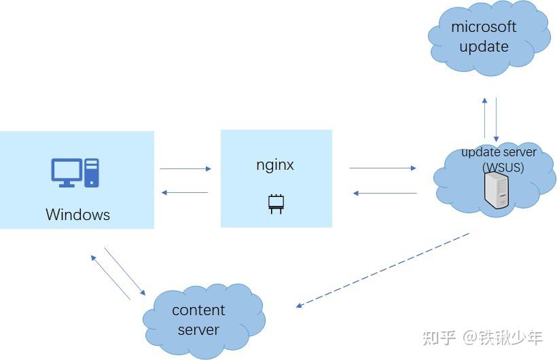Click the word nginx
pyautogui.click(x=275, y=164)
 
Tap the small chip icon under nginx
pyautogui.click(x=276, y=202)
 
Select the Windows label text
pyautogui.click(x=77, y=215)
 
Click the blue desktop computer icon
pyautogui.click(x=75, y=173)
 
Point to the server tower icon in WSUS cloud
pyautogui.click(x=497, y=191)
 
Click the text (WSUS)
pyautogui.click(x=503, y=166)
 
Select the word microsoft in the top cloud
pyautogui.click(x=484, y=27)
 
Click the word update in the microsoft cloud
pyautogui.click(x=484, y=47)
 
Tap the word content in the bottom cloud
pyautogui.click(x=198, y=310)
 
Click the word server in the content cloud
pyautogui.click(x=198, y=330)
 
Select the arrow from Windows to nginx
pyautogui.click(x=185, y=168)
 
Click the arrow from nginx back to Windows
pyautogui.click(x=185, y=193)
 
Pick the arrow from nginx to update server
pyautogui.click(x=382, y=167)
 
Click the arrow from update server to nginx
pyautogui.click(x=384, y=194)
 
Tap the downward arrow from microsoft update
pyautogui.click(x=497, y=119)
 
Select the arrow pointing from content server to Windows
pyautogui.click(x=109, y=277)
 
